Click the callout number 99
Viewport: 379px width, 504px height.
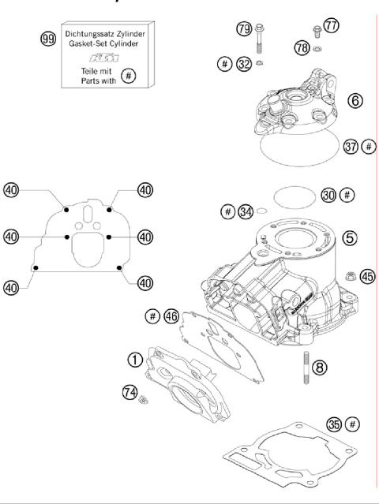pyautogui.click(x=48, y=38)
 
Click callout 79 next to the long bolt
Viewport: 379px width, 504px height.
pyautogui.click(x=243, y=29)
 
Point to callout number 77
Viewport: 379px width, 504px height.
pyautogui.click(x=330, y=26)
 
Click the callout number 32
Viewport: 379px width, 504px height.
pyautogui.click(x=244, y=62)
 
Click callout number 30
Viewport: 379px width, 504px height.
pyautogui.click(x=329, y=194)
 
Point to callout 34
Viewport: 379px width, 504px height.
pyautogui.click(x=247, y=211)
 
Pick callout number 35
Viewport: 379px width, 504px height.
pyautogui.click(x=334, y=424)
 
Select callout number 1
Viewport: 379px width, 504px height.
pyautogui.click(x=136, y=360)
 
